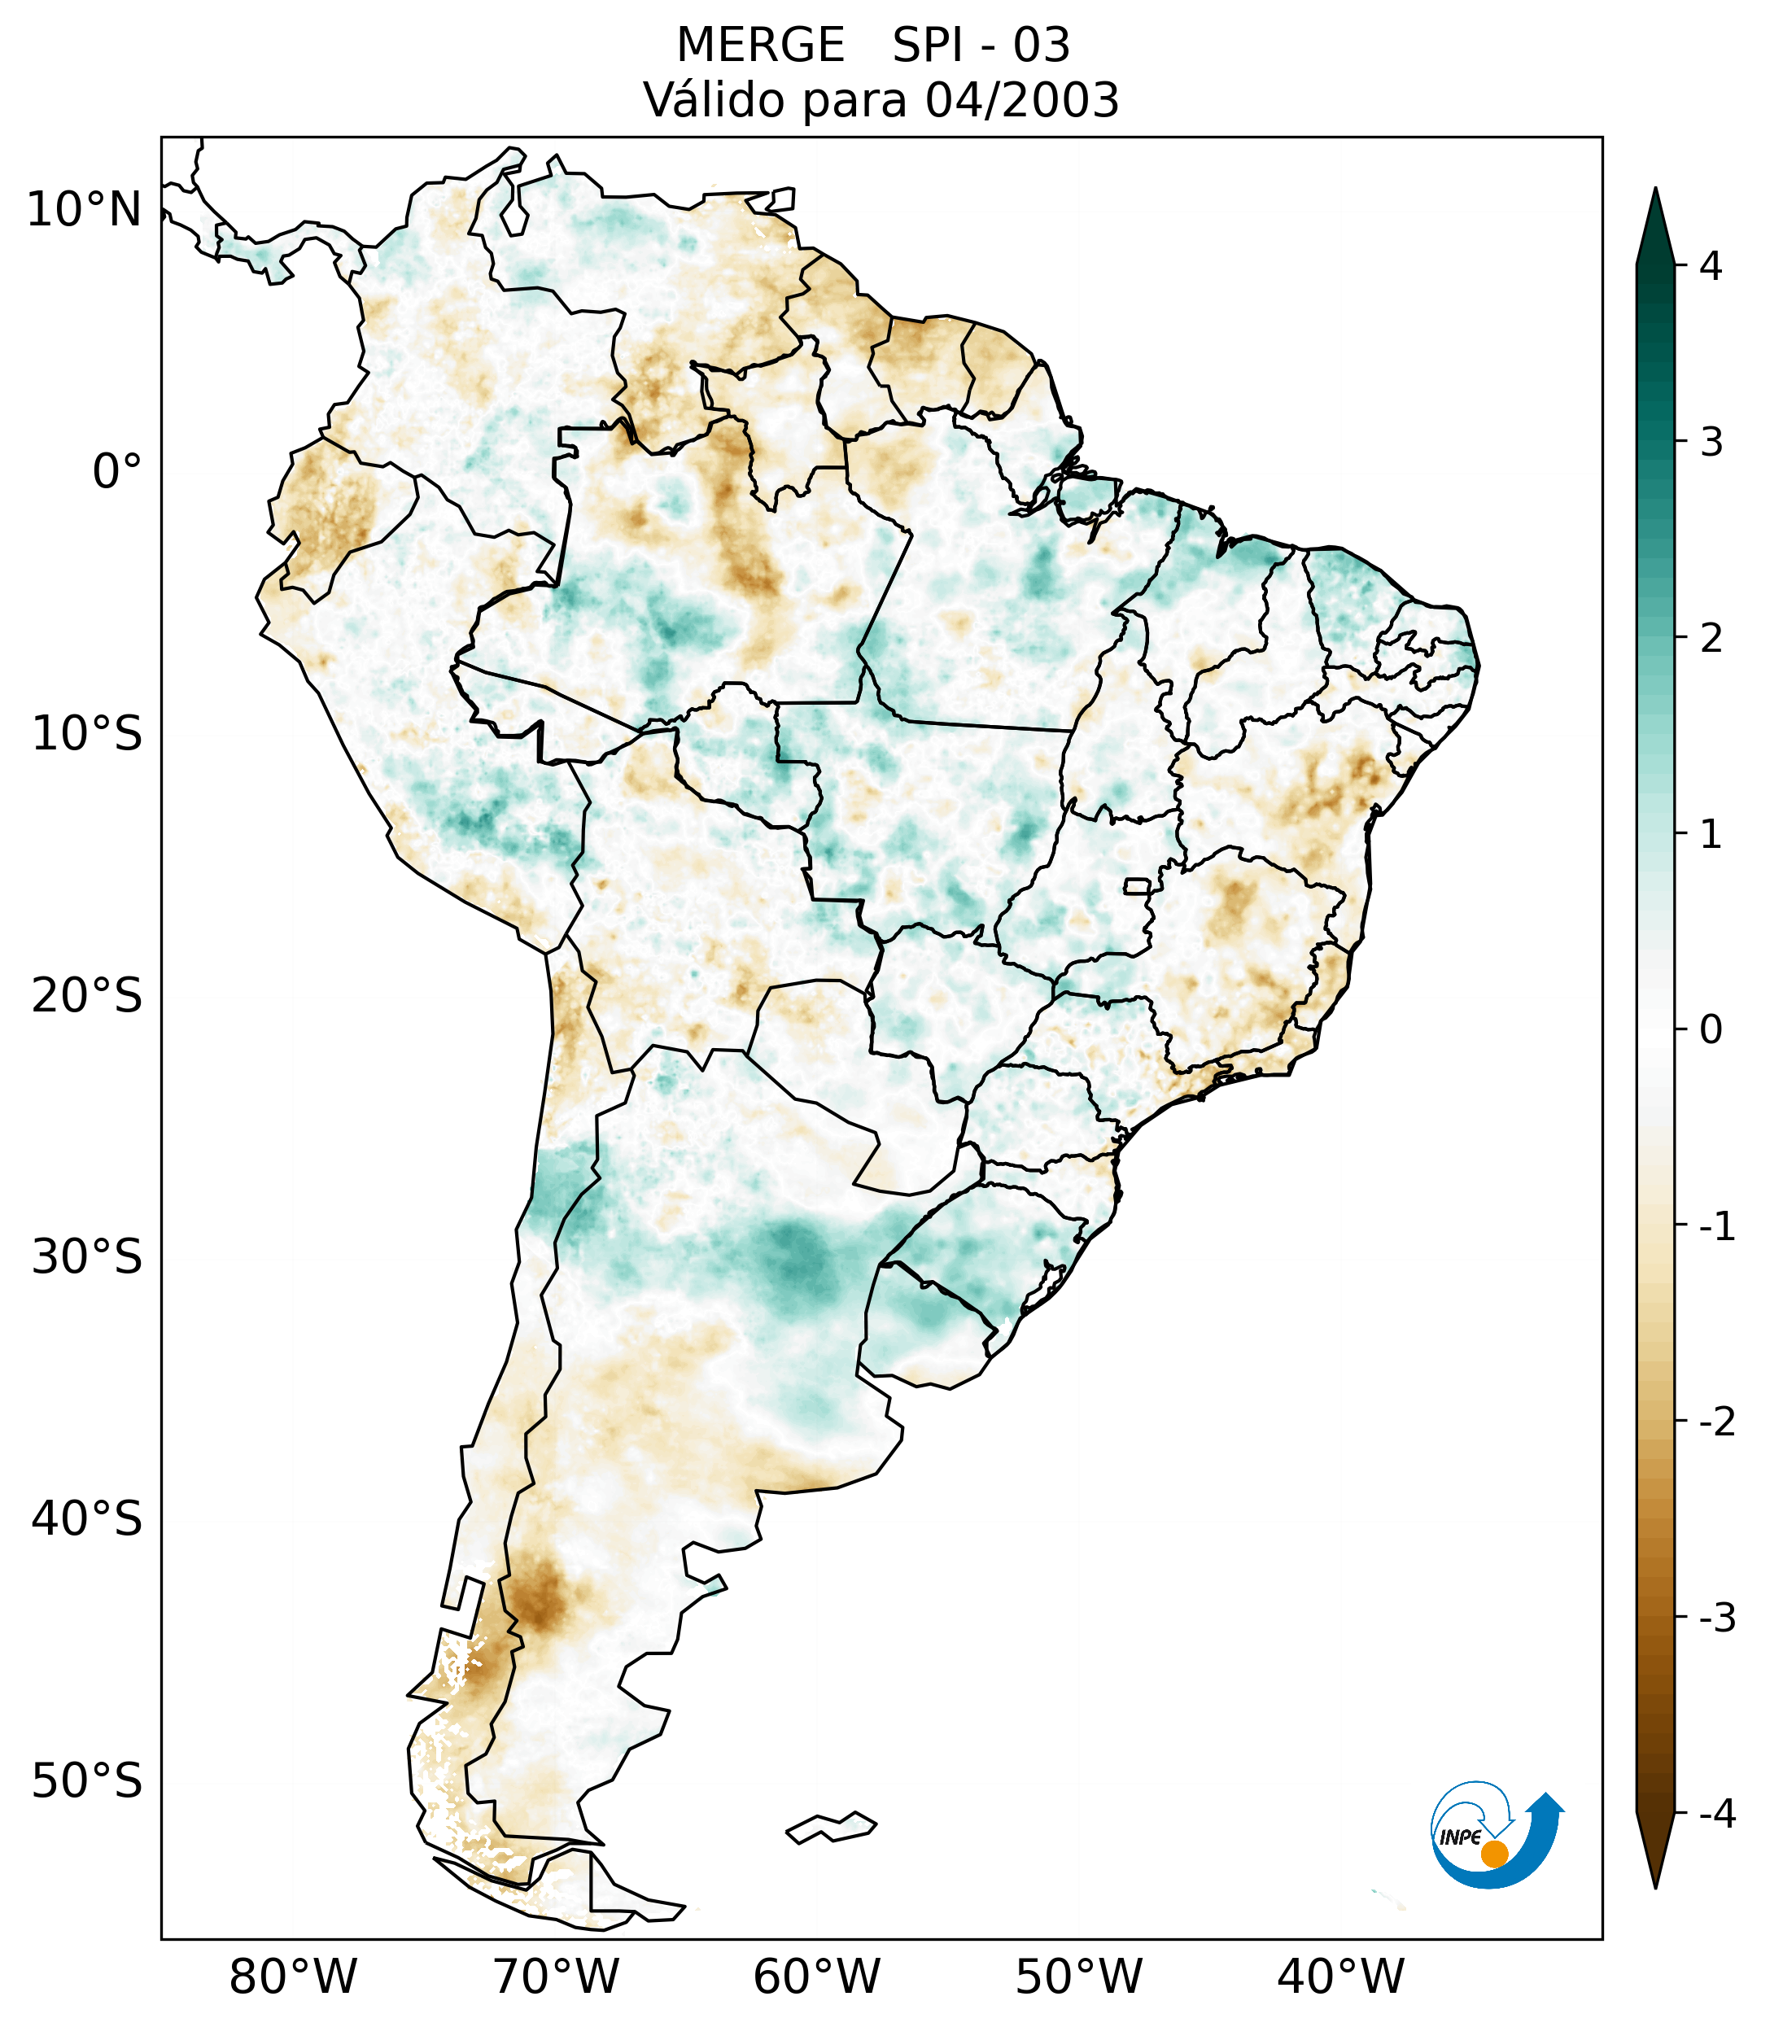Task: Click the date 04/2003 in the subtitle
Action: (x=1021, y=100)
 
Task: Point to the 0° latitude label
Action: (x=116, y=471)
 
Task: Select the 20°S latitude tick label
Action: (x=87, y=996)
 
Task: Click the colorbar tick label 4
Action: (x=1711, y=266)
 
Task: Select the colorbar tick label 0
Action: (x=1711, y=1030)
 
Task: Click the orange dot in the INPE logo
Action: (x=1494, y=1854)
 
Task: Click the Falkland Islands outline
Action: (x=831, y=1827)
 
